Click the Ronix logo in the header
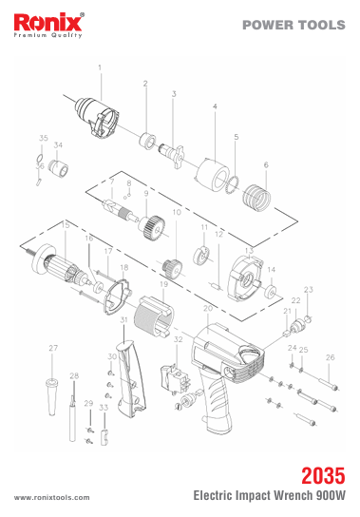tap(48, 26)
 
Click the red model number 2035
tap(323, 475)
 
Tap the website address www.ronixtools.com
tap(51, 497)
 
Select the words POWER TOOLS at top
tap(294, 25)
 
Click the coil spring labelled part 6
tap(256, 197)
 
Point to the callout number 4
tap(215, 106)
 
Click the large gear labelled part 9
tap(152, 227)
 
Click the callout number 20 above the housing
tap(208, 309)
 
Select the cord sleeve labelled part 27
tap(51, 396)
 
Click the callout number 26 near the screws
tap(330, 357)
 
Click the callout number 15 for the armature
tap(66, 225)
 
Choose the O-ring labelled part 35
tap(39, 158)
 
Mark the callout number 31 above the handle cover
tap(123, 319)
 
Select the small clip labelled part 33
tap(104, 437)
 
